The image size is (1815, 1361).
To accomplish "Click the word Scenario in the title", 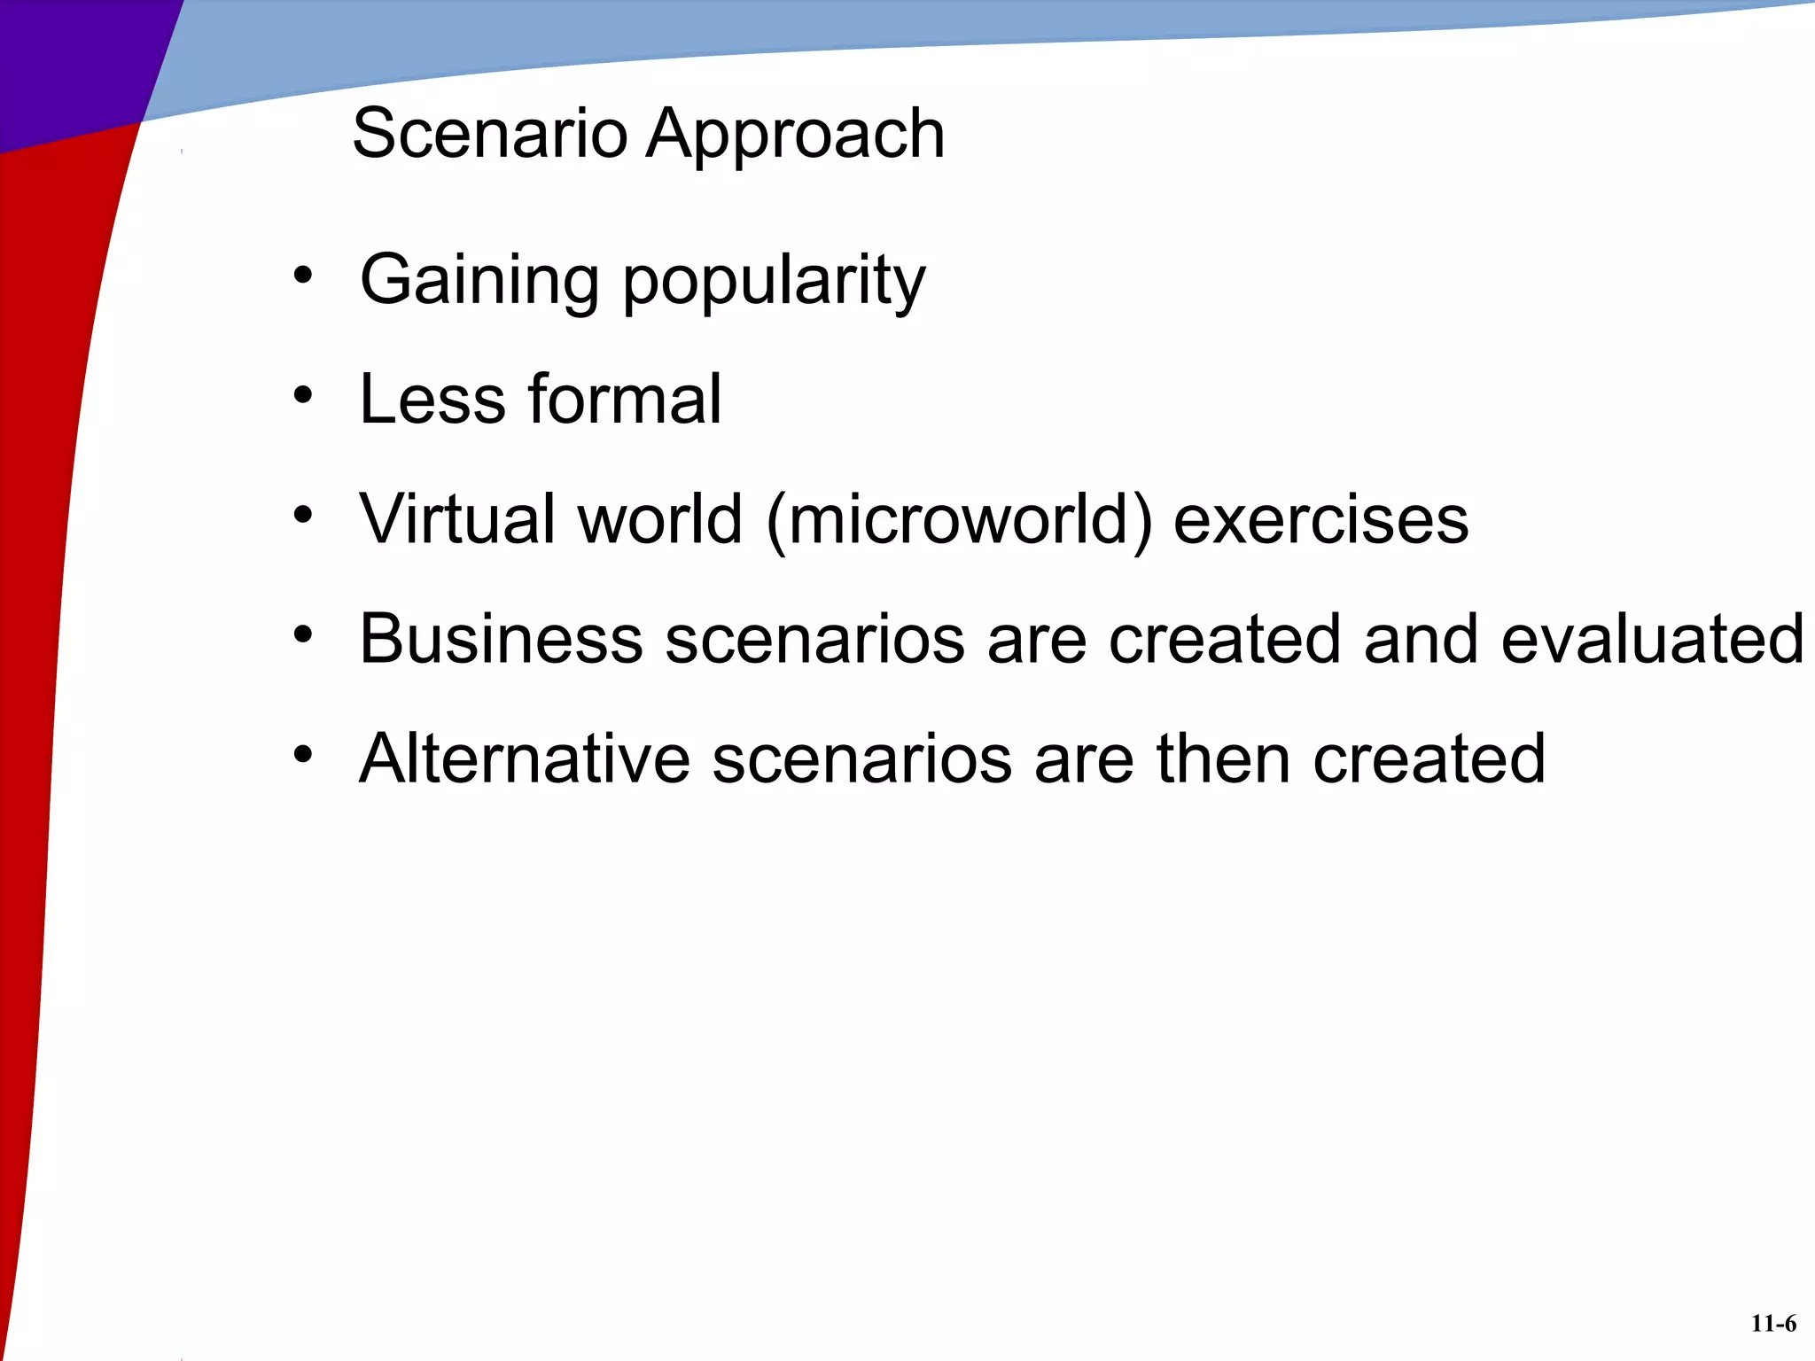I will point(490,134).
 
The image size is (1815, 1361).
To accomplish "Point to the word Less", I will point(432,400).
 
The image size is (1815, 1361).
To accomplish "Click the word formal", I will point(625,400).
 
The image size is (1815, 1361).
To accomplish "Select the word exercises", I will point(1320,521).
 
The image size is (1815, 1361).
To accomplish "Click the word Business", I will point(501,639).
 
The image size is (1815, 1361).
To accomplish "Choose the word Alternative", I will point(524,759).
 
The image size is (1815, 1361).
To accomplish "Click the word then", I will point(1223,759).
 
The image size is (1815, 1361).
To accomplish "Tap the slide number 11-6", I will point(1772,1324).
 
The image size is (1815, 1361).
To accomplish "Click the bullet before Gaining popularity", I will point(303,276).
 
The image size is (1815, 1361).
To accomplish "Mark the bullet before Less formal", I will point(303,395).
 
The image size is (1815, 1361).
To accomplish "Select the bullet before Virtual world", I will point(303,515).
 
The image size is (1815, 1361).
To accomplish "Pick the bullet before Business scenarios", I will point(303,634).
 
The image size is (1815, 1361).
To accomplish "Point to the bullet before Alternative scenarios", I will point(303,754).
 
